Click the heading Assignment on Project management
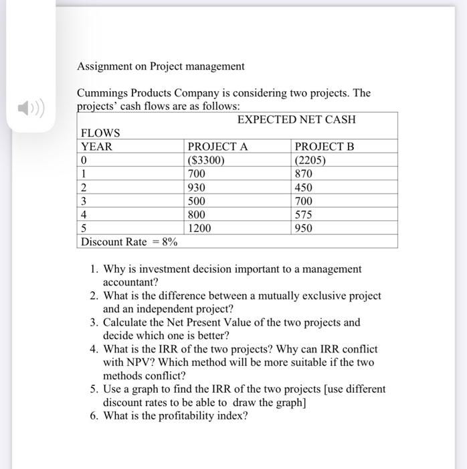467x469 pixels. point(161,66)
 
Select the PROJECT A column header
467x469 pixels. point(217,147)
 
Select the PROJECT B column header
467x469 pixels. point(324,147)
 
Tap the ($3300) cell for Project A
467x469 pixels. point(207,160)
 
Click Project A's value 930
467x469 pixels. point(197,188)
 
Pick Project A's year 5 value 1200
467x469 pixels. point(199,228)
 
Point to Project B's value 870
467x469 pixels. point(304,174)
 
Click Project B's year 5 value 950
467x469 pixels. point(304,228)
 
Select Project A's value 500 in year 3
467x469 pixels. point(197,201)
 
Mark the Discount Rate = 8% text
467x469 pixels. point(128,242)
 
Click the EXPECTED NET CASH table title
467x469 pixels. point(296,120)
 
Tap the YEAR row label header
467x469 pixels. point(97,147)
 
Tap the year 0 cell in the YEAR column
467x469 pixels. point(84,160)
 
